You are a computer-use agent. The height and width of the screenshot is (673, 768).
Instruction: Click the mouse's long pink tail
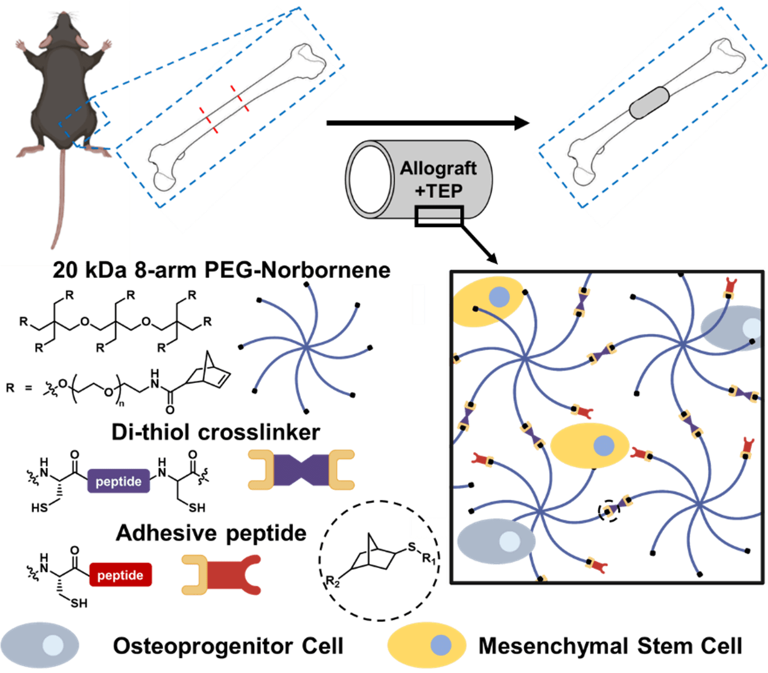coord(62,199)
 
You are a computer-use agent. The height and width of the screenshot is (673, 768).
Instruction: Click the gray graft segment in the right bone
coord(649,102)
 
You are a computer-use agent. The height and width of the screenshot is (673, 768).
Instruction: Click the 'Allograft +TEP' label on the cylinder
coord(438,179)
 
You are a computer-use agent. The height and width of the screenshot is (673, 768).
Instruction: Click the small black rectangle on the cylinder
coord(438,216)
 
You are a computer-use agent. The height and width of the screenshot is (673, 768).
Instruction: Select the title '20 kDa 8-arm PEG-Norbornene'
coord(221,270)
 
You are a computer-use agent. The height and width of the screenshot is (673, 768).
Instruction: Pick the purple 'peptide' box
coord(119,481)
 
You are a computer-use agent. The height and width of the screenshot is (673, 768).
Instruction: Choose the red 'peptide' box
coord(120,575)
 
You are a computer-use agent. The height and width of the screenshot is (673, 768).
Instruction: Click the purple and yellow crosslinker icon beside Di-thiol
coord(301,470)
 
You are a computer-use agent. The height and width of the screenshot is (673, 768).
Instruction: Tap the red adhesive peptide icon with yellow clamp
coord(221,574)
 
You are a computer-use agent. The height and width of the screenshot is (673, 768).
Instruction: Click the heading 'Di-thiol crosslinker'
coord(215,432)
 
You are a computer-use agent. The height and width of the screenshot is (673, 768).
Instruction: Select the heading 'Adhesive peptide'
coord(211,533)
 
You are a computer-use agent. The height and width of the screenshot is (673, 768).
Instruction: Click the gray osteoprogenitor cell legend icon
coord(40,645)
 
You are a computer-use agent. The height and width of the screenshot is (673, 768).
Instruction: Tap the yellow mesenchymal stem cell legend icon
coord(427,645)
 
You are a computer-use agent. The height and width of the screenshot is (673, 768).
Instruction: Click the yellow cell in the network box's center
coord(589,446)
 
